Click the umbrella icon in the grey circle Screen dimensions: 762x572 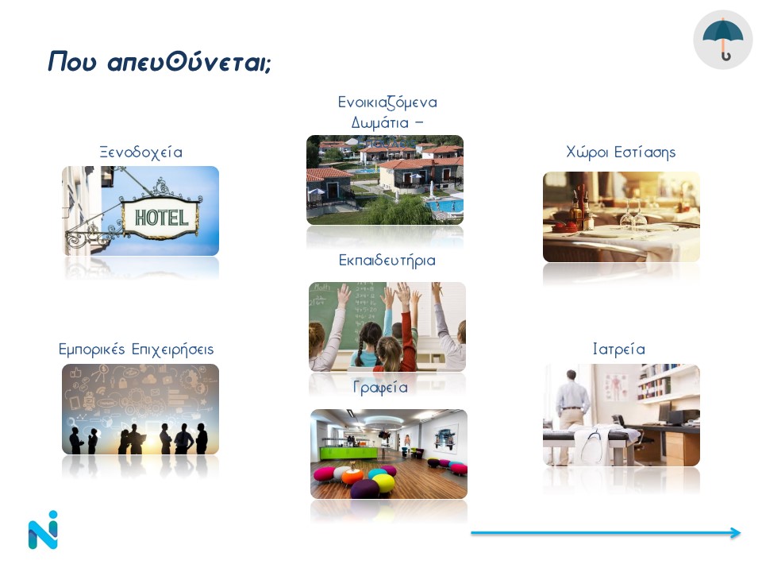(x=722, y=40)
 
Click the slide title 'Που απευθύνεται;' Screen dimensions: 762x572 (x=160, y=62)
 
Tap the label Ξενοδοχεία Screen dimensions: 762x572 (x=141, y=153)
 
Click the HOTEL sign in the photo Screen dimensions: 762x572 (x=161, y=218)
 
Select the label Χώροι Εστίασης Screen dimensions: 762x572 (x=621, y=153)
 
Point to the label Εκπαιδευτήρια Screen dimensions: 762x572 (x=387, y=261)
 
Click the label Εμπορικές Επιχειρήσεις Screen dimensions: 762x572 (x=136, y=350)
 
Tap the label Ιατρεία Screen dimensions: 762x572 (x=618, y=350)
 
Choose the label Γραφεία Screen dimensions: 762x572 (x=380, y=388)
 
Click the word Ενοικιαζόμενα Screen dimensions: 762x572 (x=387, y=102)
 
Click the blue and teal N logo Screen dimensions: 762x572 (x=43, y=530)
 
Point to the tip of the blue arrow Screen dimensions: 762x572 (x=740, y=532)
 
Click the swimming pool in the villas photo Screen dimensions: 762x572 (x=444, y=205)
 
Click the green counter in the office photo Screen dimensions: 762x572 (x=348, y=452)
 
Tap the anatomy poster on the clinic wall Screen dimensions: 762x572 (x=616, y=387)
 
